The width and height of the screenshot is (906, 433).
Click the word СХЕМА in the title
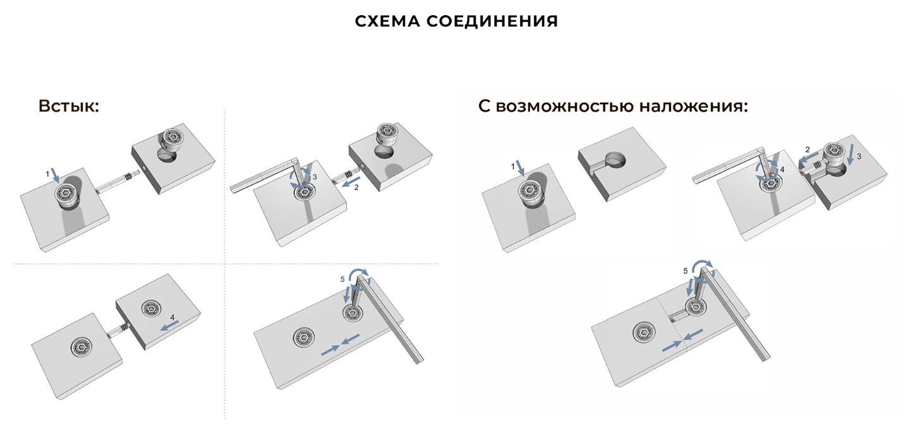(387, 21)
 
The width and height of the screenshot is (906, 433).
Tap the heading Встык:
(69, 105)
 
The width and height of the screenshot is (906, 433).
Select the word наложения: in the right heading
(693, 106)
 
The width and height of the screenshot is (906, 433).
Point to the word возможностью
(565, 106)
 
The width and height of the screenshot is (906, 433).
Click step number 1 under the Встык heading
(46, 172)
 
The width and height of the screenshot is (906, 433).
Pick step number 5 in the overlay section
(686, 271)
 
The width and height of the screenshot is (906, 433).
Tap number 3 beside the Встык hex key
(315, 178)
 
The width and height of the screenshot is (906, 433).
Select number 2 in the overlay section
(807, 150)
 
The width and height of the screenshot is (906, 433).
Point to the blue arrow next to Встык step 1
(56, 174)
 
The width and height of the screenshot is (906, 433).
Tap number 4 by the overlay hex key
(782, 170)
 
